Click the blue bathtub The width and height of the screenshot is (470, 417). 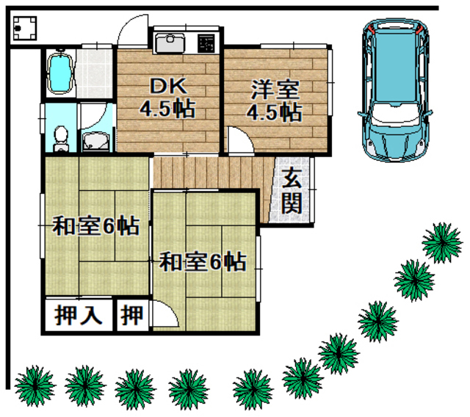60,74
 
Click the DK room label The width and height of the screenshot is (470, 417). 167,98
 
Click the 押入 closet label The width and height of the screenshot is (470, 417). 78,316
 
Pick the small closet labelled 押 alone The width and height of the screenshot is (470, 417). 132,316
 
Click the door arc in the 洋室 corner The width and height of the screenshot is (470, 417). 239,142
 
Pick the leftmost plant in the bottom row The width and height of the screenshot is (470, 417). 33,385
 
